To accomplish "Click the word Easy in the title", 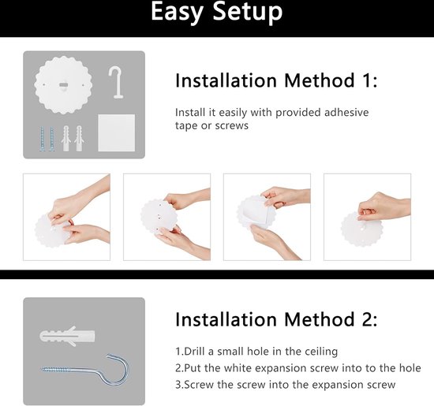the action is (x=177, y=13).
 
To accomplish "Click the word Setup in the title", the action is (x=248, y=13).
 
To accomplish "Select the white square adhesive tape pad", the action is (x=117, y=132).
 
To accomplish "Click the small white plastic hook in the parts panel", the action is (x=116, y=82).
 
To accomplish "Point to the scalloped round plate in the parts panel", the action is (x=63, y=85).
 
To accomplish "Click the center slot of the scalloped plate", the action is (x=63, y=84).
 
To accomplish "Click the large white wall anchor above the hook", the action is (x=67, y=336).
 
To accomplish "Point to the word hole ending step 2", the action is (x=410, y=368).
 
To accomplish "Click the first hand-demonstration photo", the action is (x=67, y=217).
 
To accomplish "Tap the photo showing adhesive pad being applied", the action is (x=267, y=217).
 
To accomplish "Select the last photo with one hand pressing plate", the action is (x=367, y=217).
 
